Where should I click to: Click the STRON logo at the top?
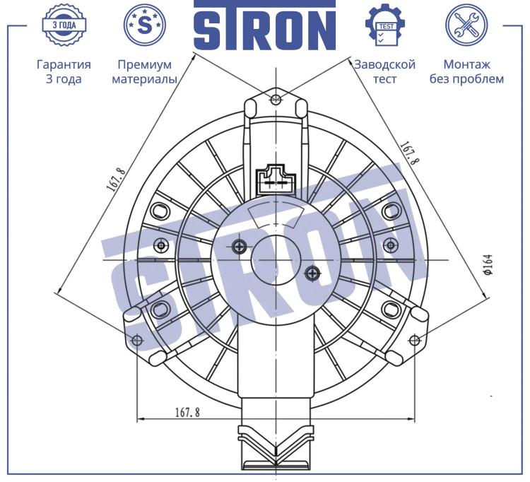(x=265, y=25)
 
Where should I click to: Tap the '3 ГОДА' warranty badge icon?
(x=64, y=25)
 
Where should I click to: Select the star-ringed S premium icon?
(x=145, y=25)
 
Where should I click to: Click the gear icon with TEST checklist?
(x=386, y=25)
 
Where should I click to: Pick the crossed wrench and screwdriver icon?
(x=466, y=25)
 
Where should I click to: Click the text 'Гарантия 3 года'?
(x=64, y=71)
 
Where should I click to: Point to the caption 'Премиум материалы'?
(x=145, y=71)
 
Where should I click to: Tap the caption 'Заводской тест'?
(x=385, y=71)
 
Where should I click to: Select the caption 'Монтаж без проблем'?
(x=467, y=71)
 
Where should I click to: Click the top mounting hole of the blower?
(x=276, y=99)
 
